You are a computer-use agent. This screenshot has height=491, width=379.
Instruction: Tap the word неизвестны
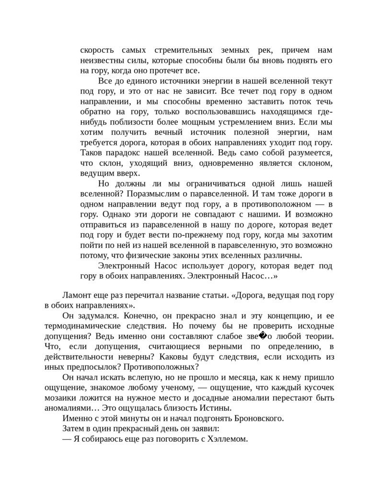coord(101,60)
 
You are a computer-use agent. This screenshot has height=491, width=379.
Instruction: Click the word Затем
coord(73,428)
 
